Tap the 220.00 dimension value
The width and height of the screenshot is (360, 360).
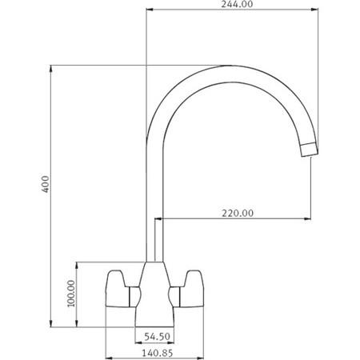pos(238,213)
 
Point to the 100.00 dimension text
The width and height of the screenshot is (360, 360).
pos(70,294)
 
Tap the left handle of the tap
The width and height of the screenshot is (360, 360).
pos(121,289)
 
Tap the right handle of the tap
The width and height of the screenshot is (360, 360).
pos(189,289)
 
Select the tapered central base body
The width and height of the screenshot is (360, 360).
pos(155,288)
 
